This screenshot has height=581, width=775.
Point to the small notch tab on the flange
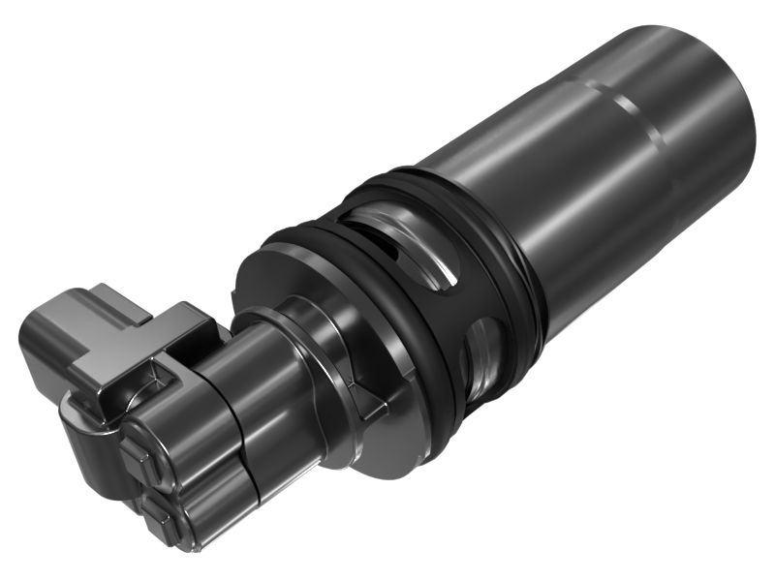coord(366,405)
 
